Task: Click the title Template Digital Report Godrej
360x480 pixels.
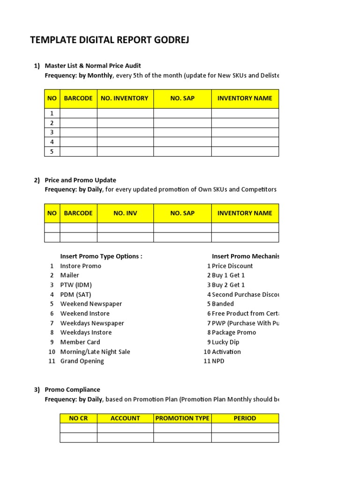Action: (110, 40)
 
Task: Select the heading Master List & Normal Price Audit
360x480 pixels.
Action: (93, 66)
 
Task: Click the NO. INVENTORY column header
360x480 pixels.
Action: (125, 98)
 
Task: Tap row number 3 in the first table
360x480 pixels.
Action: (52, 132)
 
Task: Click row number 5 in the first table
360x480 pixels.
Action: (52, 151)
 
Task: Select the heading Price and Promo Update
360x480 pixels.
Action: (81, 180)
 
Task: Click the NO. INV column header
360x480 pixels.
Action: (125, 213)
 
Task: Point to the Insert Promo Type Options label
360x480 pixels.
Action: (101, 256)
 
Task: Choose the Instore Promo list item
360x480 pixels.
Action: (81, 266)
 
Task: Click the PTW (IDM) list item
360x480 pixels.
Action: (76, 285)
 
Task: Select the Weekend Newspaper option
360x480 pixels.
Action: (91, 304)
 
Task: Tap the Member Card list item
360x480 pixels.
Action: (80, 342)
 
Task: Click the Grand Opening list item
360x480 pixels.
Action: (82, 361)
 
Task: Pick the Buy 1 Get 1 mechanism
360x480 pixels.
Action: (228, 275)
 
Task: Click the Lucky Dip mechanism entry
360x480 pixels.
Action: (225, 342)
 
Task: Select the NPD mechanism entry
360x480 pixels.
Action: (218, 361)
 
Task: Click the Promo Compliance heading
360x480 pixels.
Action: (73, 390)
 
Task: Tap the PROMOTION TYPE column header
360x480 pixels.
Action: (182, 418)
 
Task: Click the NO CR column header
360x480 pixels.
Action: (78, 418)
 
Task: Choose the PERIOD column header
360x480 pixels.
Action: (245, 418)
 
